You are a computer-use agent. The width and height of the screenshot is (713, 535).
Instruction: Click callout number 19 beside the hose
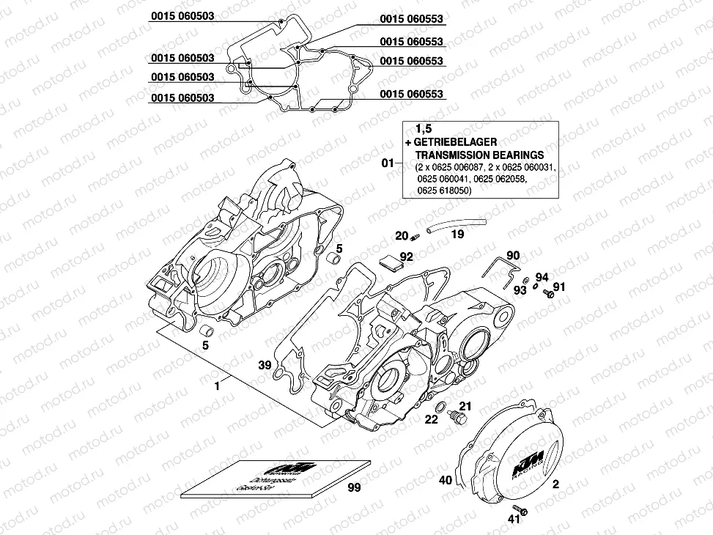pyautogui.click(x=457, y=235)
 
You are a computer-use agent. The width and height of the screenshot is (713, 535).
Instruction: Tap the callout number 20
pyautogui.click(x=402, y=235)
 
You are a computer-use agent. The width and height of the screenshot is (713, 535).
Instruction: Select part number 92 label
pyautogui.click(x=407, y=257)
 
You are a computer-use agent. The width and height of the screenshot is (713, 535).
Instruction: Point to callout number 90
pyautogui.click(x=513, y=255)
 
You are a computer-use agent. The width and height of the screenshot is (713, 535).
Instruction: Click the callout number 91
pyautogui.click(x=559, y=287)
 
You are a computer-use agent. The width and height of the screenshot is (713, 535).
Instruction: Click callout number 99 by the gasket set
pyautogui.click(x=355, y=487)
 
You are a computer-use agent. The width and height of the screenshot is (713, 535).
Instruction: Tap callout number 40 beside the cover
pyautogui.click(x=445, y=481)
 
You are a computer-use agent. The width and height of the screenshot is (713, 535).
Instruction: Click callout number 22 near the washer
pyautogui.click(x=432, y=419)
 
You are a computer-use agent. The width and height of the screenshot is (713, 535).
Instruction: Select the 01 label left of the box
pyautogui.click(x=389, y=162)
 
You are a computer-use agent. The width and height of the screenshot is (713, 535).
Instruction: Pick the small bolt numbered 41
pyautogui.click(x=522, y=508)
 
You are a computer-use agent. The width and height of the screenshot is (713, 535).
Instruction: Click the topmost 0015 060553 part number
pyautogui.click(x=411, y=19)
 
